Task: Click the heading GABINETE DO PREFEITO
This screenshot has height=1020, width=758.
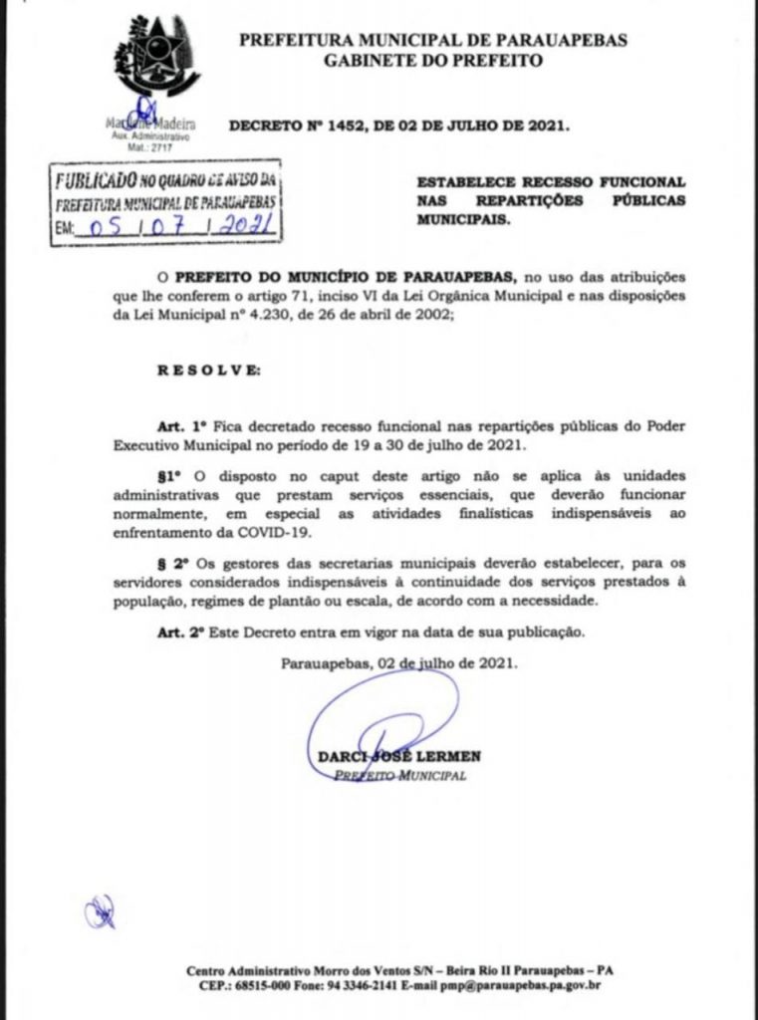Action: [x=433, y=60]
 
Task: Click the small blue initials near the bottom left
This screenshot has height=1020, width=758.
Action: [x=99, y=911]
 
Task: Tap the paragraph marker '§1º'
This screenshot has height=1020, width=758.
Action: [x=174, y=477]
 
